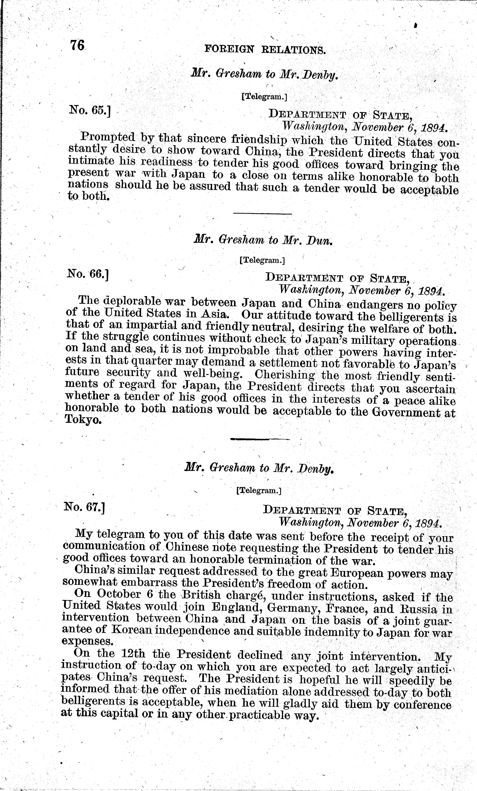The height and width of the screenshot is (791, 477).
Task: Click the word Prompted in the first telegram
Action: pos(108,137)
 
